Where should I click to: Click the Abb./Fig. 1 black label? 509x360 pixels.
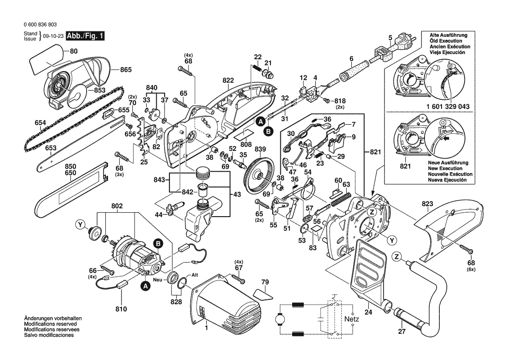pos(85,36)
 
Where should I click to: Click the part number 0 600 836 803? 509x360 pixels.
pos(39,25)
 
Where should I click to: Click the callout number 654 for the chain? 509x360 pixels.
pos(40,123)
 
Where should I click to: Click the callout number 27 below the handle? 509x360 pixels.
pos(401,332)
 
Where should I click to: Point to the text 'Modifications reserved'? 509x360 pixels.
pos(51,324)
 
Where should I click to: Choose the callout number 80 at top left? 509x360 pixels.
pos(74,51)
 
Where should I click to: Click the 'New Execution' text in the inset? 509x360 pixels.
pos(445,168)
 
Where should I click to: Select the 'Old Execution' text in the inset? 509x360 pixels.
pos(445,41)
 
